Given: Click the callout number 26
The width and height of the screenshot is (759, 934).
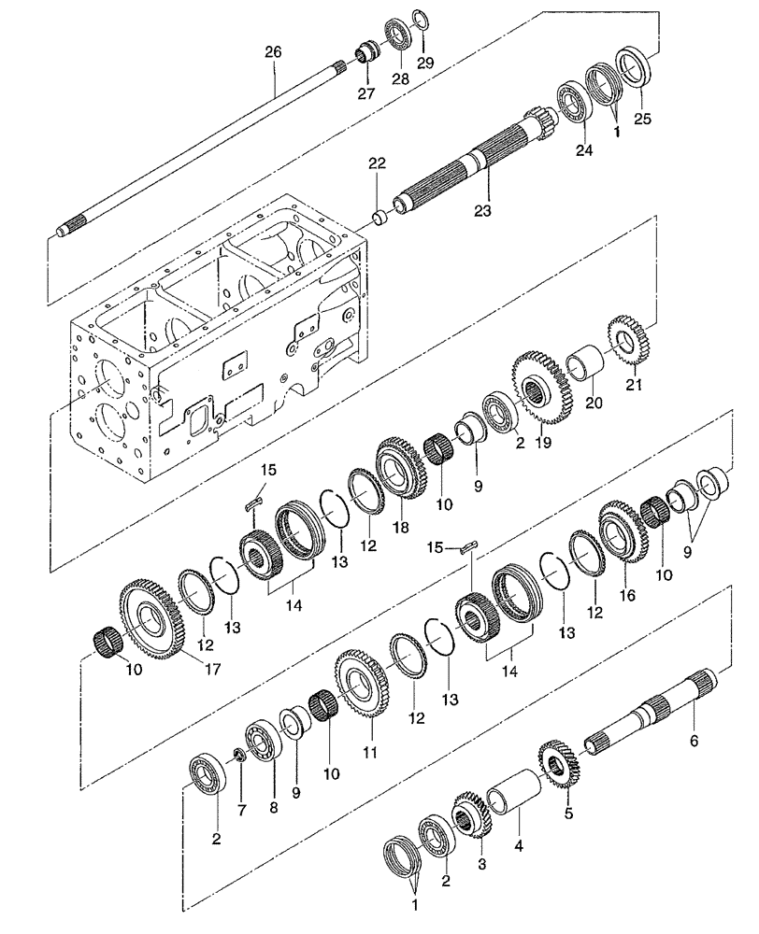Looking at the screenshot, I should [x=273, y=54].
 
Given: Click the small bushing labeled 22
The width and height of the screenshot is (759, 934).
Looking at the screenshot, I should [x=380, y=218].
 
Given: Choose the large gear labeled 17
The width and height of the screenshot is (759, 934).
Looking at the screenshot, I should [x=150, y=617].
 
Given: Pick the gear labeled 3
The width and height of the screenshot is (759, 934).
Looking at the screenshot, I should [x=472, y=819].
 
